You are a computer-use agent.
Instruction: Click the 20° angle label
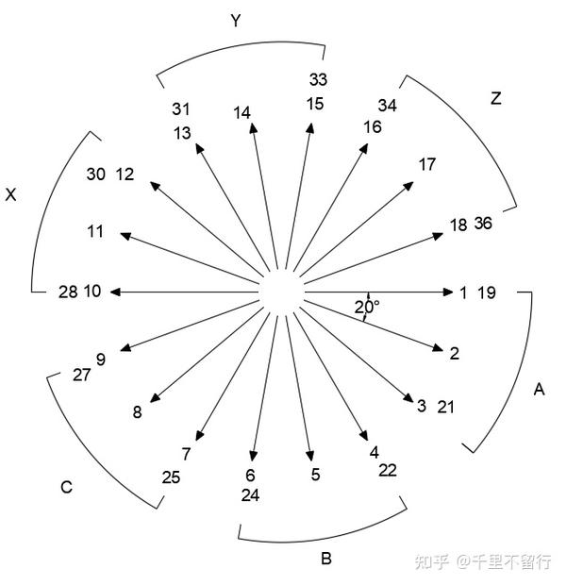367,307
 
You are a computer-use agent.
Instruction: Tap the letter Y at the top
238,21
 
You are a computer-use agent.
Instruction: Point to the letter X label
11,195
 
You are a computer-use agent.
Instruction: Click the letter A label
540,389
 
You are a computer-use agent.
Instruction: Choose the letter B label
325,559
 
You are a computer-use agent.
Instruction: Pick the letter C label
66,487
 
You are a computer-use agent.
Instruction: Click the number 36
483,224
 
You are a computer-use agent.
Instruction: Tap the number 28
67,292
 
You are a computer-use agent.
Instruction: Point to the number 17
426,164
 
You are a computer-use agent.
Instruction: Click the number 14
242,113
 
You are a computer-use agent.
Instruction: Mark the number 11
95,231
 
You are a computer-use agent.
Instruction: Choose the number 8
138,411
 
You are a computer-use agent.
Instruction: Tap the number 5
315,475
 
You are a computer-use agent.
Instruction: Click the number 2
454,354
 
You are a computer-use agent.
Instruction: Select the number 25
171,476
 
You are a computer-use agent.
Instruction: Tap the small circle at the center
282,292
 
